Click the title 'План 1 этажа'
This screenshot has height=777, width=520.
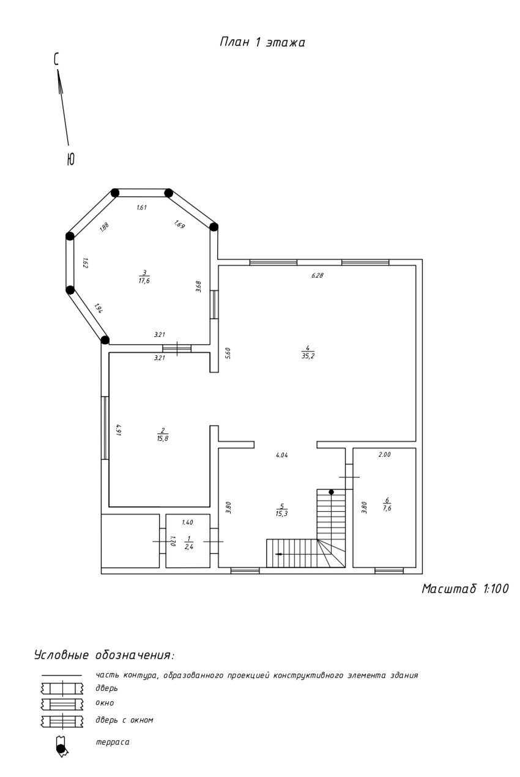click(262, 42)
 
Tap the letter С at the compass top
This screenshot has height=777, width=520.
click(56, 59)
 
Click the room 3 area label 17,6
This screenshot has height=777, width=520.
click(144, 281)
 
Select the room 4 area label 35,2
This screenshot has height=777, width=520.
click(308, 356)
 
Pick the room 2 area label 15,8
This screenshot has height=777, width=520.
click(163, 438)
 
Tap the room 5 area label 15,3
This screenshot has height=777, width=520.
click(282, 514)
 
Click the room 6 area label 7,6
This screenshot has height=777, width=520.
click(387, 508)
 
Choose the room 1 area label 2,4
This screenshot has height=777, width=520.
click(189, 547)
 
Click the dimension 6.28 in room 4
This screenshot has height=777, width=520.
click(318, 276)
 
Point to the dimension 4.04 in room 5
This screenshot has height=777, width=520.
click(282, 455)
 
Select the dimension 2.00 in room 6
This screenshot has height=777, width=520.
click(385, 454)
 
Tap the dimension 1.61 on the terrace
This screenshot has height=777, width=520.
click(142, 207)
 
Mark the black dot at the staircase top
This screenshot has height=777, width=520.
click(331, 492)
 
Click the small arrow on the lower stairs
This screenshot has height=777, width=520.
click(278, 554)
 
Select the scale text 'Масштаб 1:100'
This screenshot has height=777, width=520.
click(465, 588)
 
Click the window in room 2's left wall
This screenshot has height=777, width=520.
click(105, 428)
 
